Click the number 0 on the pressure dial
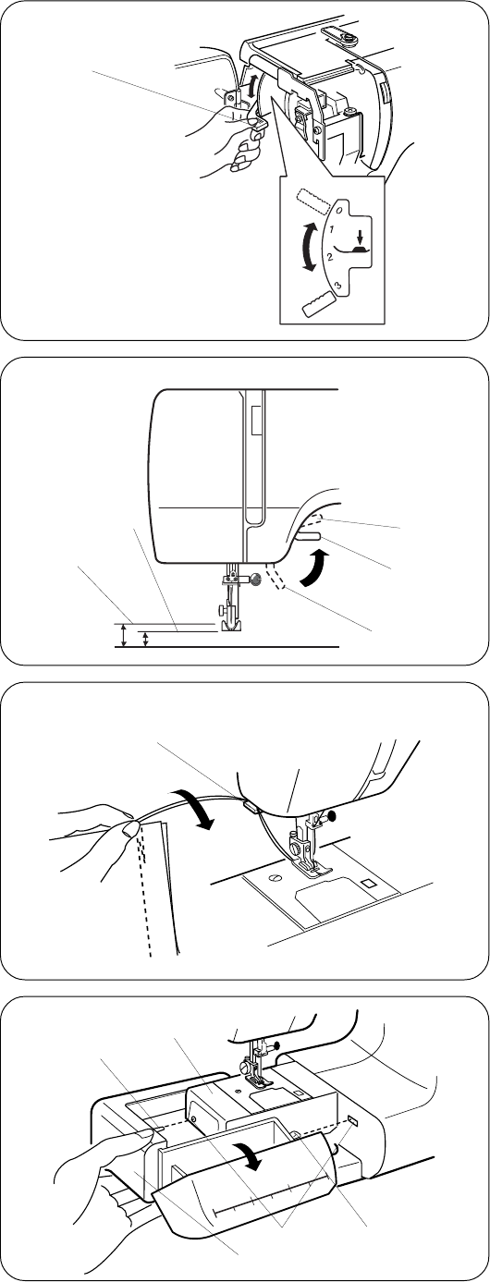tap(339, 210)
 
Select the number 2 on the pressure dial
tap(331, 257)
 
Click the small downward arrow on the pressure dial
tap(360, 236)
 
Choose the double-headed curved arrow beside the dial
tap(306, 248)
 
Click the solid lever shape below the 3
tap(318, 301)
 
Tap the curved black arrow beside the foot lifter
tap(317, 568)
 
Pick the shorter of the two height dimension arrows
tap(145, 640)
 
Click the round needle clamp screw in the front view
tap(256, 580)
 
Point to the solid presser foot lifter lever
tap(307, 536)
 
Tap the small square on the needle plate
tap(370, 883)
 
